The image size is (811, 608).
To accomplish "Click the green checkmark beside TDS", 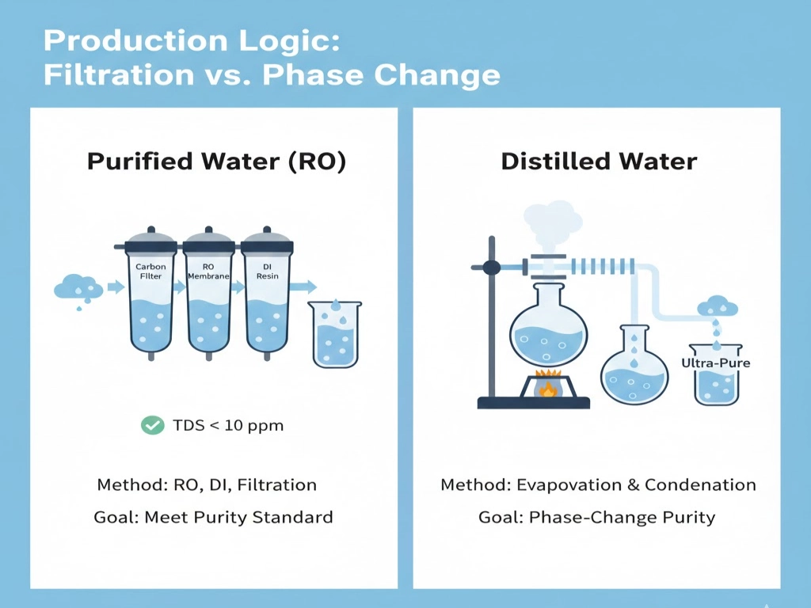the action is point(153,425).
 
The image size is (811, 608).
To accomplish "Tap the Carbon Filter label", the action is point(150,272).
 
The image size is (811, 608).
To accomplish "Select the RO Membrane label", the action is point(208,272).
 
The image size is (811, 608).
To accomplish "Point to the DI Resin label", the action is point(267,272).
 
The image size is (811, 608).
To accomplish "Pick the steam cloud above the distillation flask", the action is point(552,225).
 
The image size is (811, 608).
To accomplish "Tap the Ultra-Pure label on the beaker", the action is point(716,363).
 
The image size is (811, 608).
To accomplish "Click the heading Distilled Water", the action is point(599,161).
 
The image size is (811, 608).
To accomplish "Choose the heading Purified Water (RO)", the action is point(216,161).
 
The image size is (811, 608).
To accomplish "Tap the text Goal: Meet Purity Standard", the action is point(213,518).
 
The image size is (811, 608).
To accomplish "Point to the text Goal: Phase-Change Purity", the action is point(597,518).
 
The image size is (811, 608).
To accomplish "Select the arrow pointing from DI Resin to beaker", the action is point(303,287).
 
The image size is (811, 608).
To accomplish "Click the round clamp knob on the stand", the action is point(491,268).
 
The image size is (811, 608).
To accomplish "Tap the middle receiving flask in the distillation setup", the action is point(634,365).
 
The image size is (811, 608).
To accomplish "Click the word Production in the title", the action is point(135,40).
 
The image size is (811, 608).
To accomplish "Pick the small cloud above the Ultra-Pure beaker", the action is point(718,306).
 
